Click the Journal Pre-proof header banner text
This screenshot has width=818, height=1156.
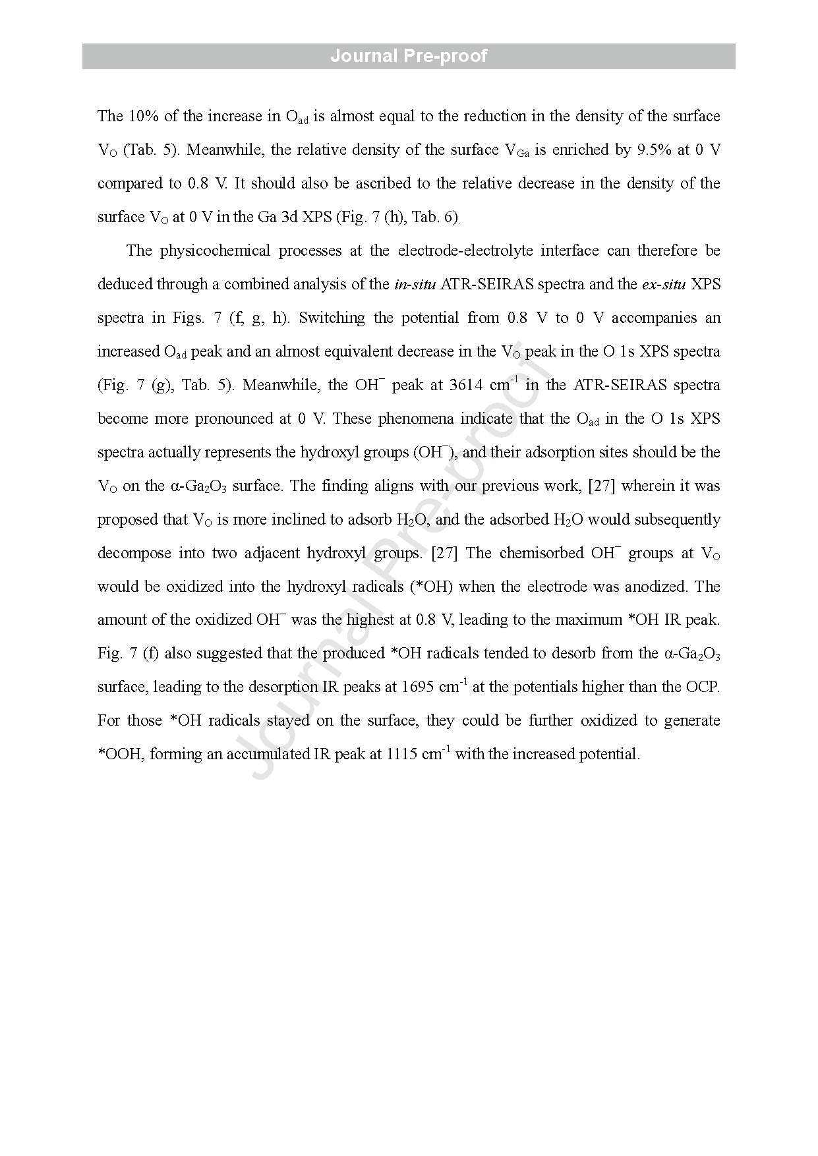point(409,56)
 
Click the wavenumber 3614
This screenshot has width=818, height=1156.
point(465,386)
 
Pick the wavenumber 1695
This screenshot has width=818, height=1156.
point(419,687)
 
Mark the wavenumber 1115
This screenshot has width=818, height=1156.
point(403,755)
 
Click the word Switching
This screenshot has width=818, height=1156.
point(332,318)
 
